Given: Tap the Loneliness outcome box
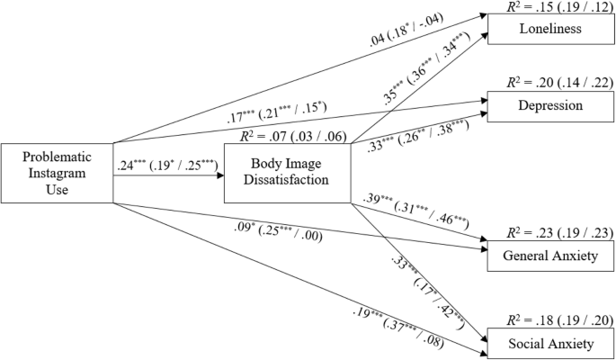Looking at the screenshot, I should pos(544,30).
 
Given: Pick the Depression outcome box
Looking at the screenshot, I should pos(544,105).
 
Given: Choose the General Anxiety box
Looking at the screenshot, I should pos(544,257).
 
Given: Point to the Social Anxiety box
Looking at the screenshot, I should pos(544,345).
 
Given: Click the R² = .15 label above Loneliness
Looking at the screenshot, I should pos(548,8).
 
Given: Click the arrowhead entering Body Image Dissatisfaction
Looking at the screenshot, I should pos(219,176).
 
